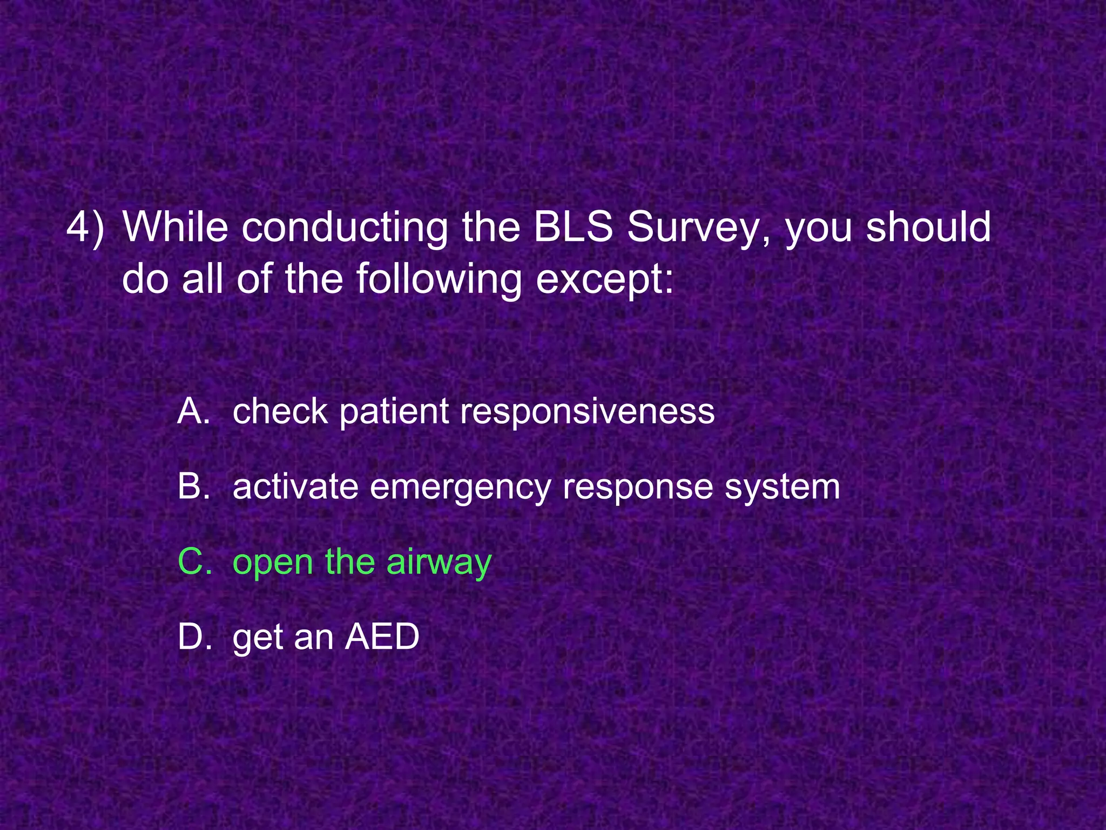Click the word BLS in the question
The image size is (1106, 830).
[573, 227]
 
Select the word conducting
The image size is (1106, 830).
[344, 227]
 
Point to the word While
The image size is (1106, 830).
[176, 227]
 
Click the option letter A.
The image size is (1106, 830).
[193, 411]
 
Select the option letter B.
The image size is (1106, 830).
[193, 486]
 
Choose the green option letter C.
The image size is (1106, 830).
[194, 562]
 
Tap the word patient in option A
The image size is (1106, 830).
[394, 412]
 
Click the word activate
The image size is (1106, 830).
[295, 486]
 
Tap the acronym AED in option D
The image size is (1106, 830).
[382, 637]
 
